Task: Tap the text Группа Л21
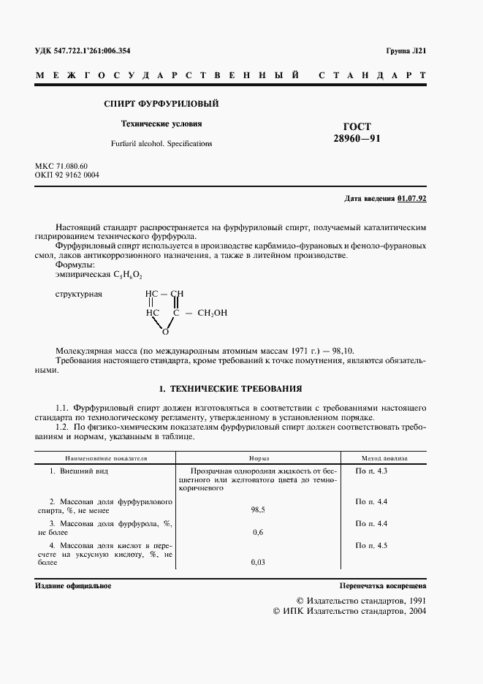(x=406, y=51)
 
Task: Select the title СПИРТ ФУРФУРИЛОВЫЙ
(x=161, y=104)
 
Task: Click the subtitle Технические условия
(x=161, y=123)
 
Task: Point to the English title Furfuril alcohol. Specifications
(x=161, y=144)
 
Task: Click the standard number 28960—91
(x=357, y=138)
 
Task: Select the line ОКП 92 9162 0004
(x=67, y=175)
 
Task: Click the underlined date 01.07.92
(x=412, y=199)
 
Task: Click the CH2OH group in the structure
(x=213, y=313)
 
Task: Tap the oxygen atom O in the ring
(x=165, y=331)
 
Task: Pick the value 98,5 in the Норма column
(x=257, y=509)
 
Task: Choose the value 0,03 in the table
(x=257, y=562)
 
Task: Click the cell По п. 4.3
(x=371, y=471)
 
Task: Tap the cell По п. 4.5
(x=371, y=545)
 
